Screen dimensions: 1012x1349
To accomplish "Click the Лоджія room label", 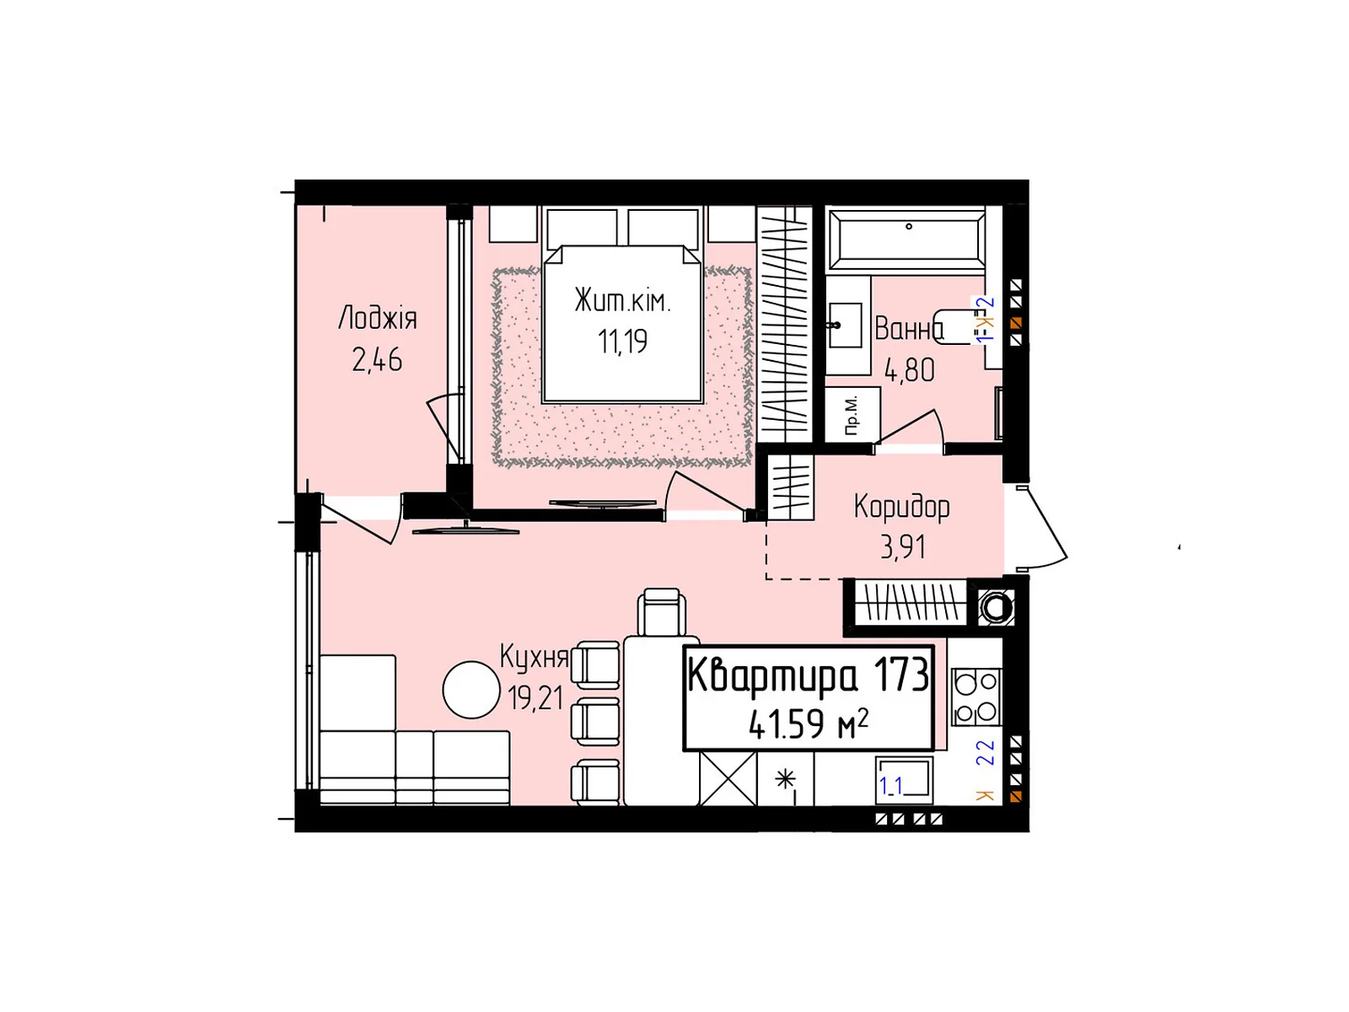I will click(x=377, y=318).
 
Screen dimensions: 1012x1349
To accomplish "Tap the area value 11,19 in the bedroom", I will click(x=622, y=342).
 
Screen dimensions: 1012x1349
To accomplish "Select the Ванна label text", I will click(x=908, y=328).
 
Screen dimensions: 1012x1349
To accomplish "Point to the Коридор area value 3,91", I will click(x=903, y=546).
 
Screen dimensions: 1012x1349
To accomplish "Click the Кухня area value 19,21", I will click(x=535, y=697).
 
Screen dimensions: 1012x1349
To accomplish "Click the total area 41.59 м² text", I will click(x=808, y=724).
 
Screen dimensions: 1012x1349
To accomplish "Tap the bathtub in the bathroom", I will click(x=906, y=238).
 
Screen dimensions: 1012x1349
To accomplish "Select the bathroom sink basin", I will click(x=844, y=326).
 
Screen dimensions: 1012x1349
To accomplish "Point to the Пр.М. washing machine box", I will click(x=852, y=414).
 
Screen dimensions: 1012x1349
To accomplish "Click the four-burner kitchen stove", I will click(x=976, y=697).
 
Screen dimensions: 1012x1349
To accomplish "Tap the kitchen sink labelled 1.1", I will click(x=905, y=778).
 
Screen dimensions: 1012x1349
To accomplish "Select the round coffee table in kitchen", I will click(x=471, y=690).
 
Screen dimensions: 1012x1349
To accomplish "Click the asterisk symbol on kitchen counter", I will click(x=785, y=778).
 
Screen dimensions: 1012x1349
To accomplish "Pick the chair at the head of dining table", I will click(x=662, y=611).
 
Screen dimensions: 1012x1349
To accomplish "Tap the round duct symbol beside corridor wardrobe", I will click(x=997, y=606).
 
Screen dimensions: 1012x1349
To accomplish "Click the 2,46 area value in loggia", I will click(x=377, y=360).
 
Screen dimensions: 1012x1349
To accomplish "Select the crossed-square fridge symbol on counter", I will click(x=728, y=778).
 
